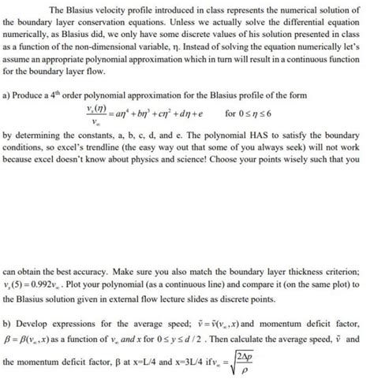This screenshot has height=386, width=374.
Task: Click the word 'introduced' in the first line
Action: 179,9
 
